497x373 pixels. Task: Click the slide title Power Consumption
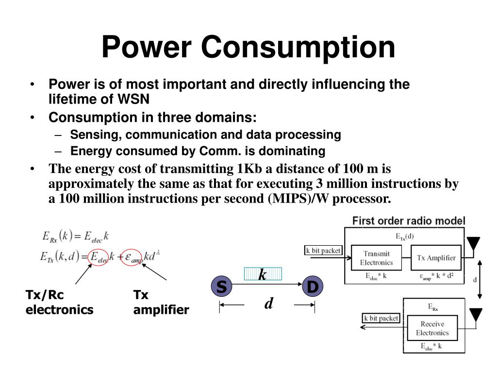tap(248, 47)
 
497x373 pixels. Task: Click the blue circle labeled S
tap(221, 288)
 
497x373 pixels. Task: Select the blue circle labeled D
tap(313, 288)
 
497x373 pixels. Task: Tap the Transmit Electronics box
tap(376, 258)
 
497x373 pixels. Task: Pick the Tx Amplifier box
tap(436, 258)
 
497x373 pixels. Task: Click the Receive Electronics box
tap(432, 328)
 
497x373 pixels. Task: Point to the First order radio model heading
tap(408, 221)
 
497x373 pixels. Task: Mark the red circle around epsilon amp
tap(133, 257)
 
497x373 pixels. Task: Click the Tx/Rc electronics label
tap(59, 302)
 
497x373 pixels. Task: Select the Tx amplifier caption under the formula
tap(161, 302)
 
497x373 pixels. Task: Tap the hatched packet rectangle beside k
tap(263, 274)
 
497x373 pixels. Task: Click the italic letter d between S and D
tap(268, 304)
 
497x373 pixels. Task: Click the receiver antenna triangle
tap(476, 314)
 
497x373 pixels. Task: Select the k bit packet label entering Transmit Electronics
tap(323, 251)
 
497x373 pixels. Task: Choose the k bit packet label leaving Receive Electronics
tap(381, 318)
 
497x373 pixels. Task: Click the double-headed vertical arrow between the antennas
tap(480, 279)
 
